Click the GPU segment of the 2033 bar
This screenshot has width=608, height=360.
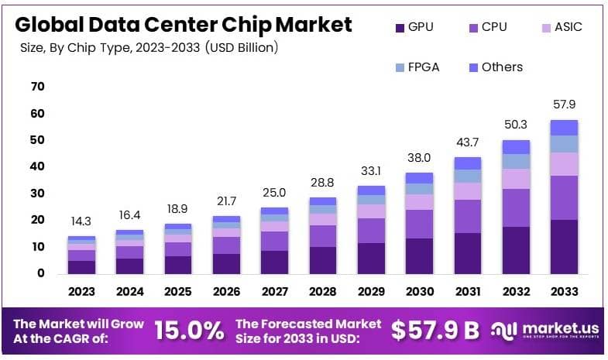pos(564,246)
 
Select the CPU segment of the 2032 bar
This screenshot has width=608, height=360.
pos(515,207)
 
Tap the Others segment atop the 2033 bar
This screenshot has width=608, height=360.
pos(564,128)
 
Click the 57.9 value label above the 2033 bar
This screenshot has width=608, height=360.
pos(564,105)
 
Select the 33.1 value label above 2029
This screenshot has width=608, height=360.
pos(371,170)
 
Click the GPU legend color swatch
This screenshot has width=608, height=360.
pos(400,28)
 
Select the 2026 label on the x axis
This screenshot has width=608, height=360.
pos(226,293)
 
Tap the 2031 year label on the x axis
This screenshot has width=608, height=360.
pos(468,293)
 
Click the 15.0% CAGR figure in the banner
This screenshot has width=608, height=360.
pos(189,331)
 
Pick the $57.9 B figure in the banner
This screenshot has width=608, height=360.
pos(435,331)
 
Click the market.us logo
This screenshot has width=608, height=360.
pos(546,331)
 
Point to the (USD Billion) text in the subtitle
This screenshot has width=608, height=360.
pos(242,48)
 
